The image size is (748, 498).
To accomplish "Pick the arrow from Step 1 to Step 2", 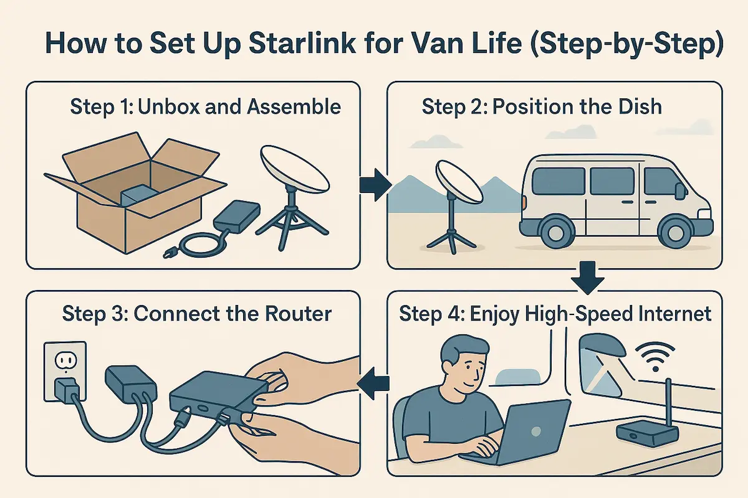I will pyautogui.click(x=375, y=184).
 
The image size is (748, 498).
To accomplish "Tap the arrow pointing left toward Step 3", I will pyautogui.click(x=375, y=380).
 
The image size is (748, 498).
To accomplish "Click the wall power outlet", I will pyautogui.click(x=64, y=370).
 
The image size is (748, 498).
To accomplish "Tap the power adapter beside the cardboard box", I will pyautogui.click(x=237, y=217).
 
